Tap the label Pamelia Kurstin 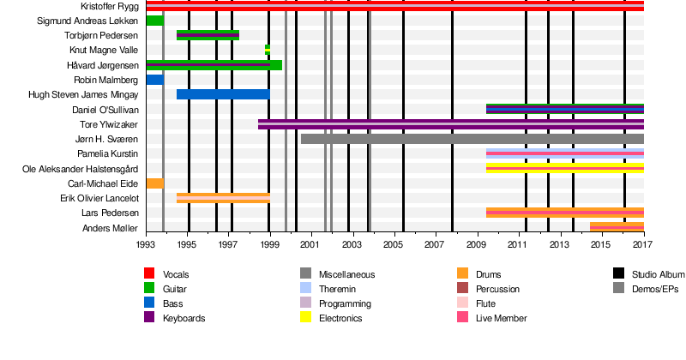tap(109, 153)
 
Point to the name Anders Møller tap(111, 227)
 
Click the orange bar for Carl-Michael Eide tap(155, 183)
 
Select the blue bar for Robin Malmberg tap(155, 80)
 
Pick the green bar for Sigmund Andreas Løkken tap(155, 21)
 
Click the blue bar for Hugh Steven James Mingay tap(223, 94)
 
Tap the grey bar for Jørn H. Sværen tap(472, 139)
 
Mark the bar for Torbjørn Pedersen tap(208, 35)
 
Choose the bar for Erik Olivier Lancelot tap(223, 198)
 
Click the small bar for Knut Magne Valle tap(268, 50)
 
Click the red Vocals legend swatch tap(149, 273)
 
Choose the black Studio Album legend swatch tap(618, 273)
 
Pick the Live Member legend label tap(502, 318)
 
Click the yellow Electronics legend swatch tap(305, 318)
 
